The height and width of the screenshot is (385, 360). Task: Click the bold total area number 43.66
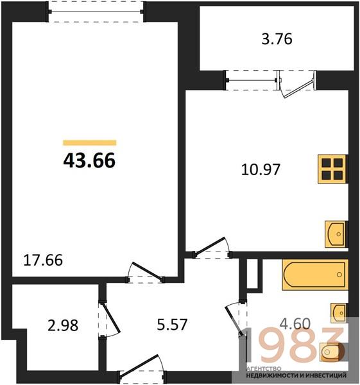coord(89,160)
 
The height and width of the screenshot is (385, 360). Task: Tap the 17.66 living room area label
coord(43,261)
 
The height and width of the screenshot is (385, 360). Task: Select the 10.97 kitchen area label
coord(261,169)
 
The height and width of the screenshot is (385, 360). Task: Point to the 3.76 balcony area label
coord(277,39)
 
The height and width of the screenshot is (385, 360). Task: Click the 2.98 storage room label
coord(63,325)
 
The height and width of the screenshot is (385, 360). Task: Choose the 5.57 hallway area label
coord(172,324)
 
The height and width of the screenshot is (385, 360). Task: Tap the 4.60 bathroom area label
coord(295,323)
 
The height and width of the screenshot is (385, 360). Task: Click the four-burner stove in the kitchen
coord(333,169)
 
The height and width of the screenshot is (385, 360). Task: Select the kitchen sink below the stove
coord(336,234)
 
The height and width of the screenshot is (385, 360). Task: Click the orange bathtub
coord(315,275)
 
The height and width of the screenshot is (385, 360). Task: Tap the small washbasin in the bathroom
coord(339,312)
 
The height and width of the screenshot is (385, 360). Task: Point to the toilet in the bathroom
coord(332,352)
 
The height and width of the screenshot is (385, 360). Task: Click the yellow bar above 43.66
coord(90,142)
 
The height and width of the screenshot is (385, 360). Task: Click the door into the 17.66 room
coord(146,273)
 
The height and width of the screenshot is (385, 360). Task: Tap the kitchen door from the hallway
coord(212,248)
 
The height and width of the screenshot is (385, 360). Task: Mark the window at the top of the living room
coord(96,12)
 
